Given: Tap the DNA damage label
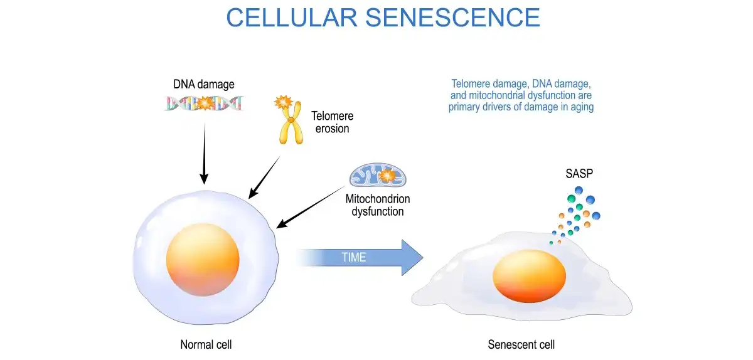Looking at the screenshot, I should pos(204,84).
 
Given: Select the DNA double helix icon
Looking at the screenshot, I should pos(205,103).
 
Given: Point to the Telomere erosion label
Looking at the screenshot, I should pos(332,122).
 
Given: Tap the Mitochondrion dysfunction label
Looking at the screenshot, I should pos(378,205).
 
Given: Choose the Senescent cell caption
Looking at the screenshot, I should pos(521,344).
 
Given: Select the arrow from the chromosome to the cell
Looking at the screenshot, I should pos(264,177).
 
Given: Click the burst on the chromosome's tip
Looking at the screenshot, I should pos(284,102).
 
